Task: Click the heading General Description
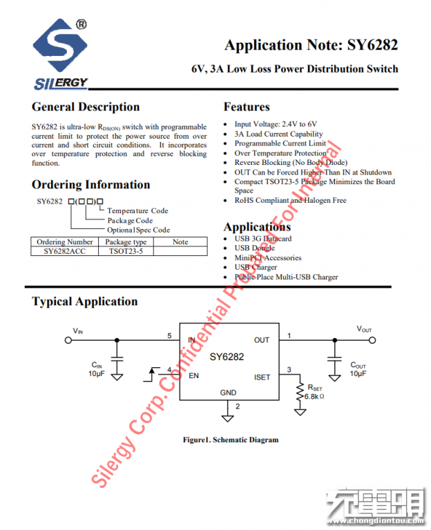tap(86, 107)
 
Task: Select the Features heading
tap(247, 107)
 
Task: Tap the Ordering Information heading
tap(90, 185)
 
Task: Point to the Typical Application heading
tap(85, 302)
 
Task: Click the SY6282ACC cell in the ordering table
tap(64, 251)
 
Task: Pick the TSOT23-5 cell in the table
tap(126, 251)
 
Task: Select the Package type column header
tap(126, 242)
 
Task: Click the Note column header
tap(180, 242)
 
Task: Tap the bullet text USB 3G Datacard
tap(262, 239)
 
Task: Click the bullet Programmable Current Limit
tap(280, 144)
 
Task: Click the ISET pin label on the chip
tap(262, 377)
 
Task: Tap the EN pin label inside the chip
tap(193, 376)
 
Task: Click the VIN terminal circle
tap(68, 340)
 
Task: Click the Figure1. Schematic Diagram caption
tap(230, 440)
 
